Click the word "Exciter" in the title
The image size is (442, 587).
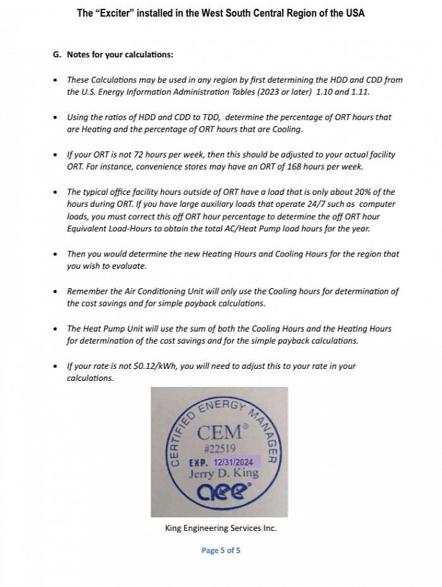pyautogui.click(x=116, y=13)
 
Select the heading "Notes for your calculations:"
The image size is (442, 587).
pyautogui.click(x=120, y=55)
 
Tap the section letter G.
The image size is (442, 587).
pyautogui.click(x=56, y=55)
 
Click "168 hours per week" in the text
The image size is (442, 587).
pyautogui.click(x=321, y=166)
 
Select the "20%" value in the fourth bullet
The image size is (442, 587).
pyautogui.click(x=362, y=192)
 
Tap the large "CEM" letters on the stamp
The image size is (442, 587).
pyautogui.click(x=219, y=433)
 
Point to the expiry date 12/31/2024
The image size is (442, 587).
pyautogui.click(x=234, y=462)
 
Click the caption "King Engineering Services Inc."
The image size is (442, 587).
pyautogui.click(x=220, y=528)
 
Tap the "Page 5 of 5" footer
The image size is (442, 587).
pyautogui.click(x=220, y=550)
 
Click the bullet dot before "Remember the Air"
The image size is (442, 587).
pyautogui.click(x=56, y=292)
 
